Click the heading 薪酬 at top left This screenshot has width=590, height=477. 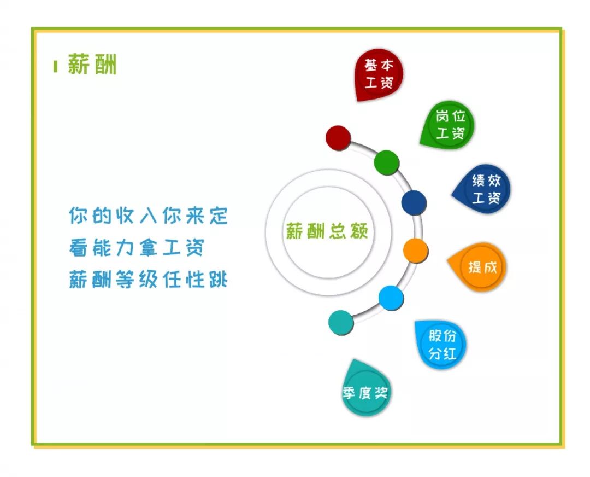pos(92,65)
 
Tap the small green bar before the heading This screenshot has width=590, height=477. pos(55,66)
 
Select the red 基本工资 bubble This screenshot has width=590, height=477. pos(379,74)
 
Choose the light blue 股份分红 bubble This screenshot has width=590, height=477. pos(441,345)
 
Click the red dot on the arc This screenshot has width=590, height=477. pos(338,137)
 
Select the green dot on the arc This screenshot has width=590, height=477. pos(387,162)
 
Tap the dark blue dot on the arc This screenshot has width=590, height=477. pos(414,202)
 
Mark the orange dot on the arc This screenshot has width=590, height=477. pos(415,251)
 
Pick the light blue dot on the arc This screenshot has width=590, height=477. pos(391,298)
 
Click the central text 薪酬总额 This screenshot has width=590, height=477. pos(327,232)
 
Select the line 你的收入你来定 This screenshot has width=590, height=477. pos(148,216)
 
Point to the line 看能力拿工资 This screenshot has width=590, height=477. pos(137,248)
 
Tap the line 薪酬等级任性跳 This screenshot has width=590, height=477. pos(148,280)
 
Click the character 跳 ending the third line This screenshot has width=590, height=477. pos(218,280)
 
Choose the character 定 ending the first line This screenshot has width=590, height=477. pos(218,216)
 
